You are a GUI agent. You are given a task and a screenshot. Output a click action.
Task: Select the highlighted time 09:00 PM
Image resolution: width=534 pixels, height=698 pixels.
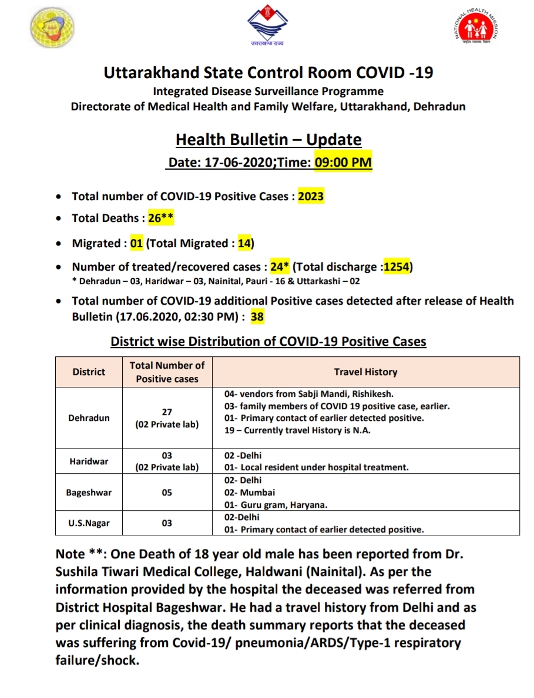click(x=343, y=162)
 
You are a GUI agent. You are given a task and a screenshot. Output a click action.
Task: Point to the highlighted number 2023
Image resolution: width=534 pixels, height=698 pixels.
click(x=311, y=196)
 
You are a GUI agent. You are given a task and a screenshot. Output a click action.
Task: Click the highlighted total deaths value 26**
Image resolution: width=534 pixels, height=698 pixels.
click(x=160, y=218)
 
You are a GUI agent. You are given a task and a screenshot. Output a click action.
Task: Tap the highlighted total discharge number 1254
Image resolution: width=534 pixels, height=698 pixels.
click(x=397, y=267)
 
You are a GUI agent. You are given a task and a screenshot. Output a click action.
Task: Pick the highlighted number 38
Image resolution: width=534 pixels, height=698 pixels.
click(x=257, y=317)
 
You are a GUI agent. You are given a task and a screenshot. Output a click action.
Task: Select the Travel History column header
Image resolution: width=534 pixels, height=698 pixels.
click(x=365, y=372)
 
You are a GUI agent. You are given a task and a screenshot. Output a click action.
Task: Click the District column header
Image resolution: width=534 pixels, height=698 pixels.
click(x=89, y=372)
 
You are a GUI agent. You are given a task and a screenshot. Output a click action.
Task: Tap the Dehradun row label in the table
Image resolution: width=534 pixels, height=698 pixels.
click(x=89, y=418)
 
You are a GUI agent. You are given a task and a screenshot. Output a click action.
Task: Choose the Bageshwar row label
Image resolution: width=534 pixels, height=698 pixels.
click(x=89, y=493)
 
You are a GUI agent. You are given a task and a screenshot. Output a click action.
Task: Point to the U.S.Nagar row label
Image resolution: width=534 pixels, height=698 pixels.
click(x=89, y=523)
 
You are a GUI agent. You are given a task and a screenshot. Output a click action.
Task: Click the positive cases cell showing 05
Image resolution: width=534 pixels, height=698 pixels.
click(x=167, y=493)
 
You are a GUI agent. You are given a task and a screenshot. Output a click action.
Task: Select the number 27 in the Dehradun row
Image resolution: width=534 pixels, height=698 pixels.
click(x=167, y=412)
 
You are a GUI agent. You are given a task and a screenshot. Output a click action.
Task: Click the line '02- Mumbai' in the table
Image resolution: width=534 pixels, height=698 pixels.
click(x=250, y=493)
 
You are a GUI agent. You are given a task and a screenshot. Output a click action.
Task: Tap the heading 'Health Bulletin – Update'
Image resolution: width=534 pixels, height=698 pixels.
click(x=268, y=140)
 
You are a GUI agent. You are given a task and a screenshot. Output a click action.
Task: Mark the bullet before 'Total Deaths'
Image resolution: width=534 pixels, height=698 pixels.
click(x=58, y=218)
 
